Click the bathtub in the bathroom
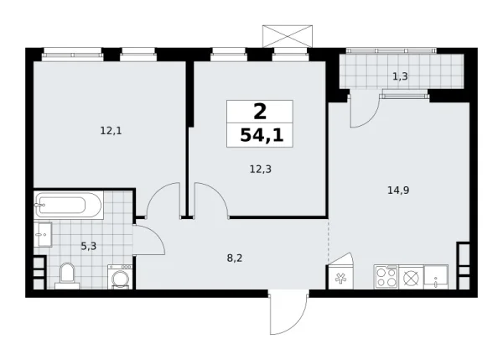(x=67, y=204)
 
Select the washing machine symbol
(x=119, y=276)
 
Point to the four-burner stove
(x=386, y=276)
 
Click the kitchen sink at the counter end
(x=438, y=276)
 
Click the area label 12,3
(x=259, y=168)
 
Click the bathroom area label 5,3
(x=88, y=246)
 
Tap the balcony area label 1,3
(x=401, y=76)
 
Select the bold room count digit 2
(x=260, y=110)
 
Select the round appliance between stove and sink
(x=411, y=276)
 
